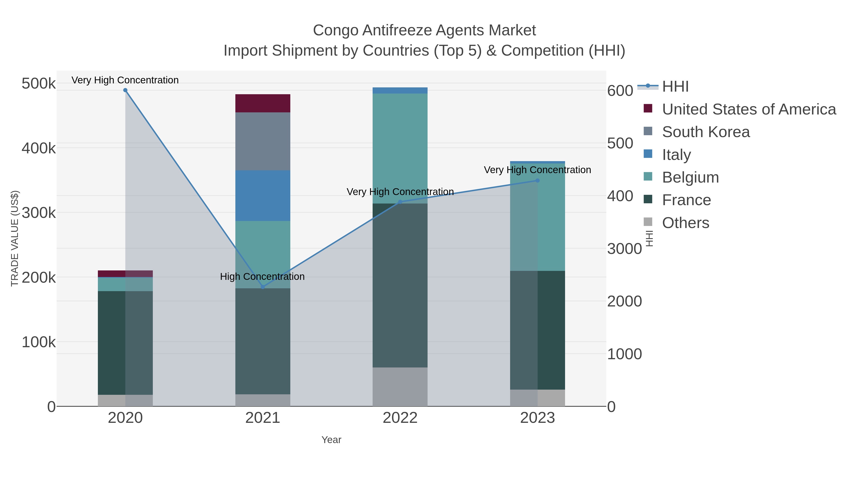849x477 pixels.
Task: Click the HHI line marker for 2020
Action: click(x=125, y=90)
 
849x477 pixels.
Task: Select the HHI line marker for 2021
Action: click(x=263, y=287)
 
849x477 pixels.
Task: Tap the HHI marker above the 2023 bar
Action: click(x=537, y=180)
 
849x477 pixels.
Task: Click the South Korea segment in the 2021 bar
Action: click(x=263, y=142)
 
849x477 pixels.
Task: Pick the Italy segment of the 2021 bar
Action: click(x=263, y=196)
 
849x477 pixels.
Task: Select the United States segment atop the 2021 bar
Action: click(x=263, y=103)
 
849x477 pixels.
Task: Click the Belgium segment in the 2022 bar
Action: click(x=400, y=148)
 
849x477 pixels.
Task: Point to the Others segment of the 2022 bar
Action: click(x=400, y=387)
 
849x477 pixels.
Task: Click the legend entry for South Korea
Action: click(x=706, y=132)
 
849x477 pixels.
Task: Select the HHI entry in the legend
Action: click(x=675, y=87)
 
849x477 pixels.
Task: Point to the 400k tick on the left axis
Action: click(x=39, y=148)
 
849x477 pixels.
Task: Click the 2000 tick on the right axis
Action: click(x=624, y=302)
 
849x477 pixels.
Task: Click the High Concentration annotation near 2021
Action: click(x=262, y=277)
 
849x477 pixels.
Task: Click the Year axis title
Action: click(x=331, y=440)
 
